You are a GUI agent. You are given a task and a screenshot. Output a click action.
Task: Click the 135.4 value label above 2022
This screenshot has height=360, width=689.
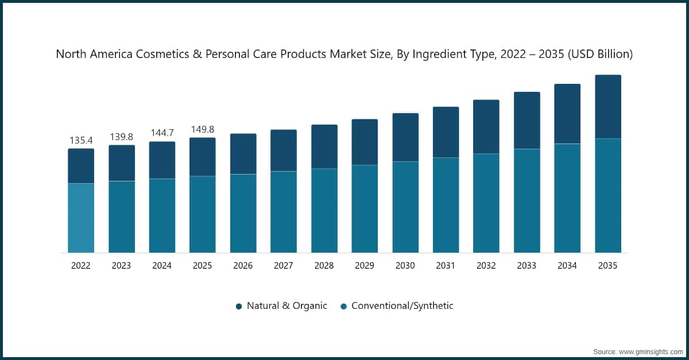click(x=81, y=140)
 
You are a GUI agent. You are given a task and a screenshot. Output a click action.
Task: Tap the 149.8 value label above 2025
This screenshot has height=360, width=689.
click(x=203, y=129)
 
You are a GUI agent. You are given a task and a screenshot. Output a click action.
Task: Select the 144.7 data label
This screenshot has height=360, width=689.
click(x=162, y=133)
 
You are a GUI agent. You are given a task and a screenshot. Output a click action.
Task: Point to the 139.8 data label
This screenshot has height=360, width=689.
click(x=122, y=137)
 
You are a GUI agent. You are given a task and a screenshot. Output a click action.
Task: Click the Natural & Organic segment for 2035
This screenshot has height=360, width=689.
click(x=608, y=107)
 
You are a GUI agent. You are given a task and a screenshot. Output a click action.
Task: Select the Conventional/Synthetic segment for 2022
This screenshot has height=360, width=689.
click(x=81, y=218)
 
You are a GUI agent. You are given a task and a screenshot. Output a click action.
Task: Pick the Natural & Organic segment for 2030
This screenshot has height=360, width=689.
click(x=405, y=137)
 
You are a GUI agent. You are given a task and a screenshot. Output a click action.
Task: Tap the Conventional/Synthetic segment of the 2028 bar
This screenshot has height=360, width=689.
click(x=324, y=211)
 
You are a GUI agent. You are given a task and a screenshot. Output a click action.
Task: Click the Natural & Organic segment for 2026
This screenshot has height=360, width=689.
click(x=243, y=154)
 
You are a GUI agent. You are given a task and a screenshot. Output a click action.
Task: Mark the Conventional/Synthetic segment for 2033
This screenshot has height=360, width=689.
click(x=527, y=201)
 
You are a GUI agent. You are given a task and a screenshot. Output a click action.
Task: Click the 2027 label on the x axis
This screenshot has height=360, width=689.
click(x=284, y=266)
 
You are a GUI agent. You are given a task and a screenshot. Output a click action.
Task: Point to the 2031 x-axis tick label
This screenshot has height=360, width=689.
click(x=446, y=266)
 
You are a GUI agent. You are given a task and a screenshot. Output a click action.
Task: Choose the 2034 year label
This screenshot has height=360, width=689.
click(x=567, y=266)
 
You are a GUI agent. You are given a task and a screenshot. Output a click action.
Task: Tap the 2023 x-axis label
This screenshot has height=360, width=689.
click(x=122, y=266)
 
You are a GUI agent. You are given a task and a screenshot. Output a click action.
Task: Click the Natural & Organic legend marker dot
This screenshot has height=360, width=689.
click(x=239, y=306)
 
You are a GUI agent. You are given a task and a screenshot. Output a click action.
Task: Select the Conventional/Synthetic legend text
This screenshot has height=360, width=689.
click(x=402, y=306)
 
